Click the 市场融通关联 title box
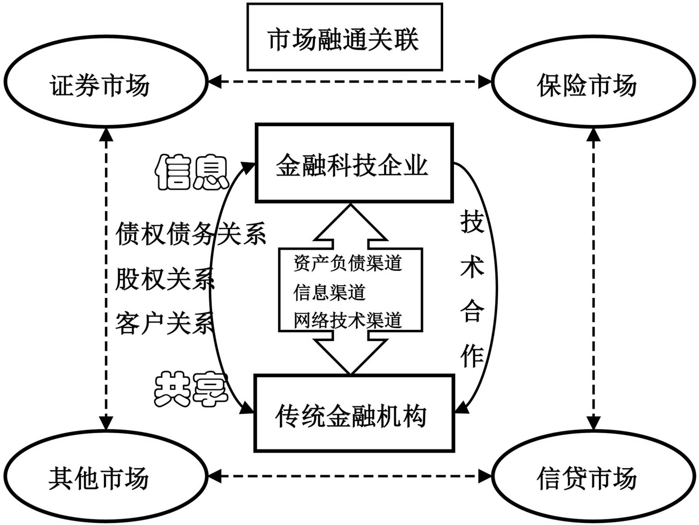pyautogui.click(x=344, y=37)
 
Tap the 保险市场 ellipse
pyautogui.click(x=593, y=82)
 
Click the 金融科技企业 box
pyautogui.click(x=354, y=163)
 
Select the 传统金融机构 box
pyautogui.click(x=354, y=414)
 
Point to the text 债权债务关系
pyautogui.click(x=190, y=234)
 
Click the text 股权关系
pyautogui.click(x=164, y=279)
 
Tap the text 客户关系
pyautogui.click(x=164, y=323)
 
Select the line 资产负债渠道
pyautogui.click(x=347, y=263)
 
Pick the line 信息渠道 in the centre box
pyautogui.click(x=329, y=292)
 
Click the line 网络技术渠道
pyautogui.click(x=347, y=320)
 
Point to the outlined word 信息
pyautogui.click(x=192, y=173)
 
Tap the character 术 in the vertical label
pyautogui.click(x=472, y=267)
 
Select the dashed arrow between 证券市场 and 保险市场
pyautogui.click(x=349, y=82)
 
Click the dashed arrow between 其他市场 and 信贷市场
pyautogui.click(x=349, y=476)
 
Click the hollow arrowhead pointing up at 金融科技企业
pyautogui.click(x=351, y=224)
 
